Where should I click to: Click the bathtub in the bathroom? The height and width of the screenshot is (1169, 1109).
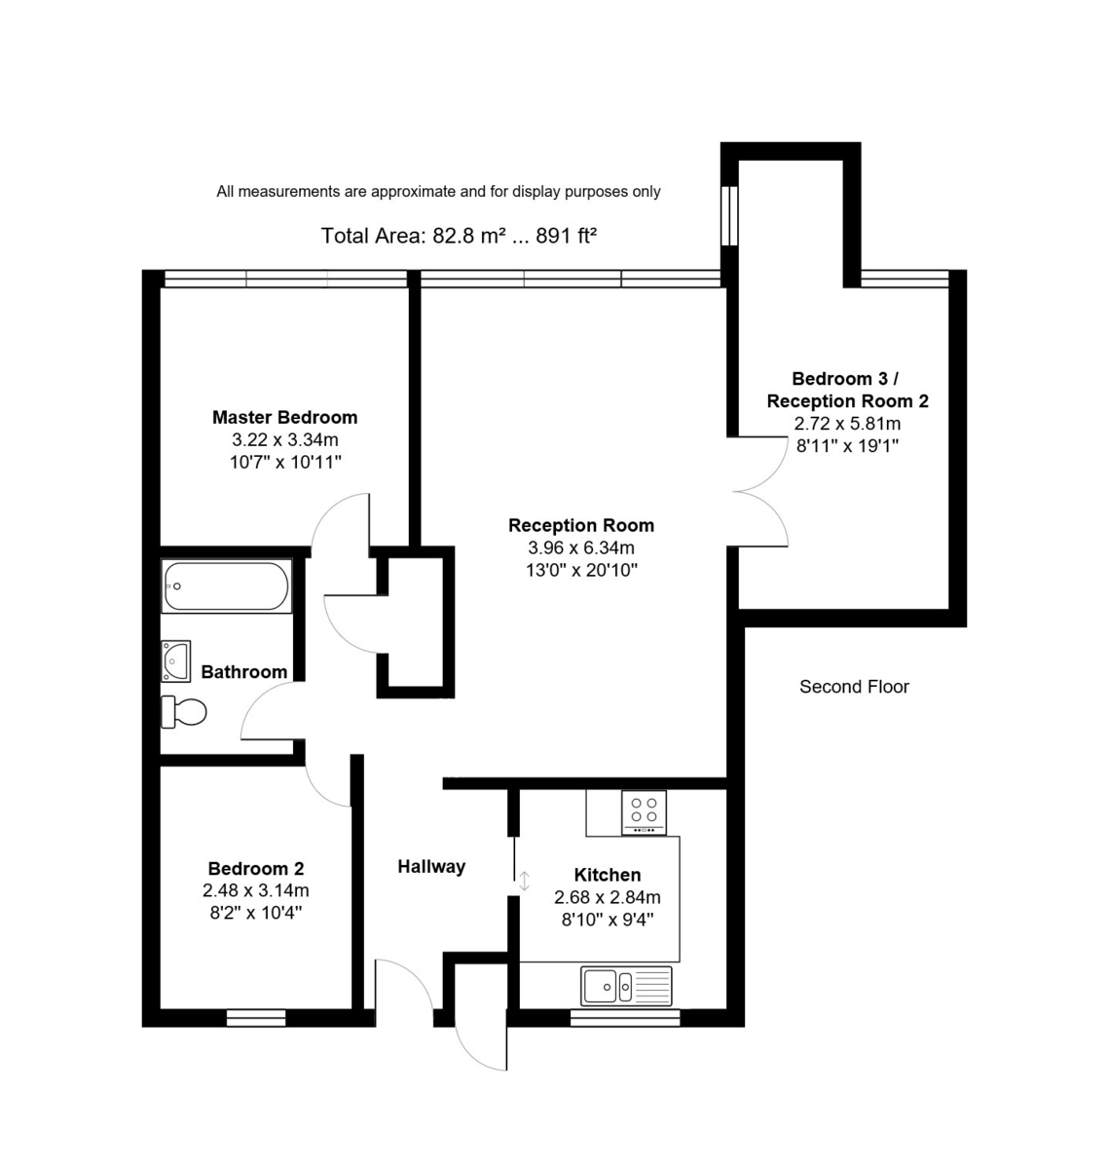227,586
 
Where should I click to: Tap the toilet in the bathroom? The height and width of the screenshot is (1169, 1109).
184,711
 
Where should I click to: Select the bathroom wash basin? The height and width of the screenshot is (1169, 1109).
176,661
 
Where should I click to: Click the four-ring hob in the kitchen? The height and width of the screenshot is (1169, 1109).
644,811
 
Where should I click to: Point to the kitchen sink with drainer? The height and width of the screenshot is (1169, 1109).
626,986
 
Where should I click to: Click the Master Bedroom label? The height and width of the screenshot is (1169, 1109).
284,417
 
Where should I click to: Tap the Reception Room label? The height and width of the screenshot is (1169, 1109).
580,525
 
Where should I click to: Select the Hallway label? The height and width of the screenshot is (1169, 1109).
431,866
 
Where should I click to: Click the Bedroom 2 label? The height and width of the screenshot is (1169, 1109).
256,868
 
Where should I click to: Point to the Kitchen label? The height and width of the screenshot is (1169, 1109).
607,875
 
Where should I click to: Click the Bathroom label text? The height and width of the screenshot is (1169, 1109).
243,671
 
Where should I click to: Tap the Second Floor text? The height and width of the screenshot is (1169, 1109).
854,687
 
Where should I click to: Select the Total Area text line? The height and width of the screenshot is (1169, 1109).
459,236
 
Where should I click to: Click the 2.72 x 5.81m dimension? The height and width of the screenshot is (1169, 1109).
847,424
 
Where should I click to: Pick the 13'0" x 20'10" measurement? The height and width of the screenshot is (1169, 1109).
580,570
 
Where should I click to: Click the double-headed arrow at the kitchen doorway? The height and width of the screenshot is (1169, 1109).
524,881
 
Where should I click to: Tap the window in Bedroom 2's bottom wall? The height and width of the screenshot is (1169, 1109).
256,1018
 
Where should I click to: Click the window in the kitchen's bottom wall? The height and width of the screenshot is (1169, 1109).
624,1018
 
